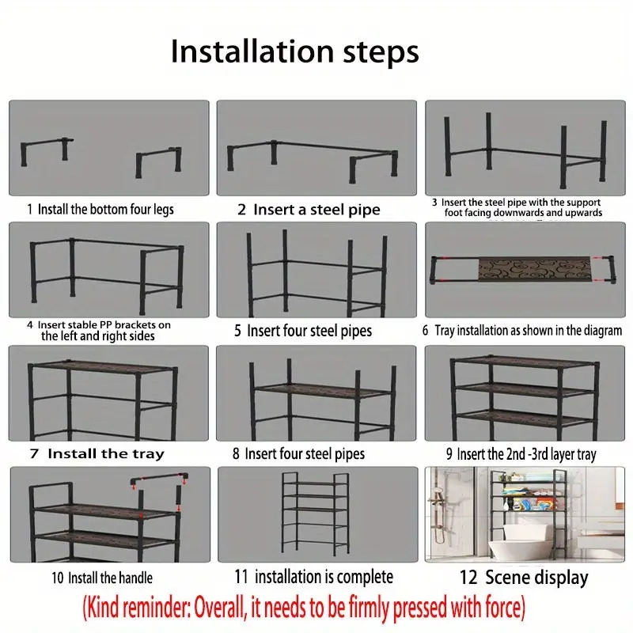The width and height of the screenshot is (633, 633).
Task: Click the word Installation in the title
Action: pyautogui.click(x=252, y=51)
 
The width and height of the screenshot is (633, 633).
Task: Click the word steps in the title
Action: pyautogui.click(x=381, y=53)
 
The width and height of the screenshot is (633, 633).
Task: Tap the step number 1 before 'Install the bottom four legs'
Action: pyautogui.click(x=29, y=210)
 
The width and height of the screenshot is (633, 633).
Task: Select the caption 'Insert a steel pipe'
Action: pyautogui.click(x=317, y=210)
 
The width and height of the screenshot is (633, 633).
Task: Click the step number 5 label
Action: pyautogui.click(x=238, y=331)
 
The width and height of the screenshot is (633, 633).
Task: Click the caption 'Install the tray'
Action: pyautogui.click(x=106, y=453)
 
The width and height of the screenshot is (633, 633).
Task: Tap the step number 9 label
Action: pyautogui.click(x=449, y=454)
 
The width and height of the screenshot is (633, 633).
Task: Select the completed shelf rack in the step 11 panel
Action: pyautogui.click(x=315, y=514)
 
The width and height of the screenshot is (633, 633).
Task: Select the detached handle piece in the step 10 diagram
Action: pyautogui.click(x=160, y=478)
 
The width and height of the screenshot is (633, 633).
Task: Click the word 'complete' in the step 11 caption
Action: pyautogui.click(x=365, y=578)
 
